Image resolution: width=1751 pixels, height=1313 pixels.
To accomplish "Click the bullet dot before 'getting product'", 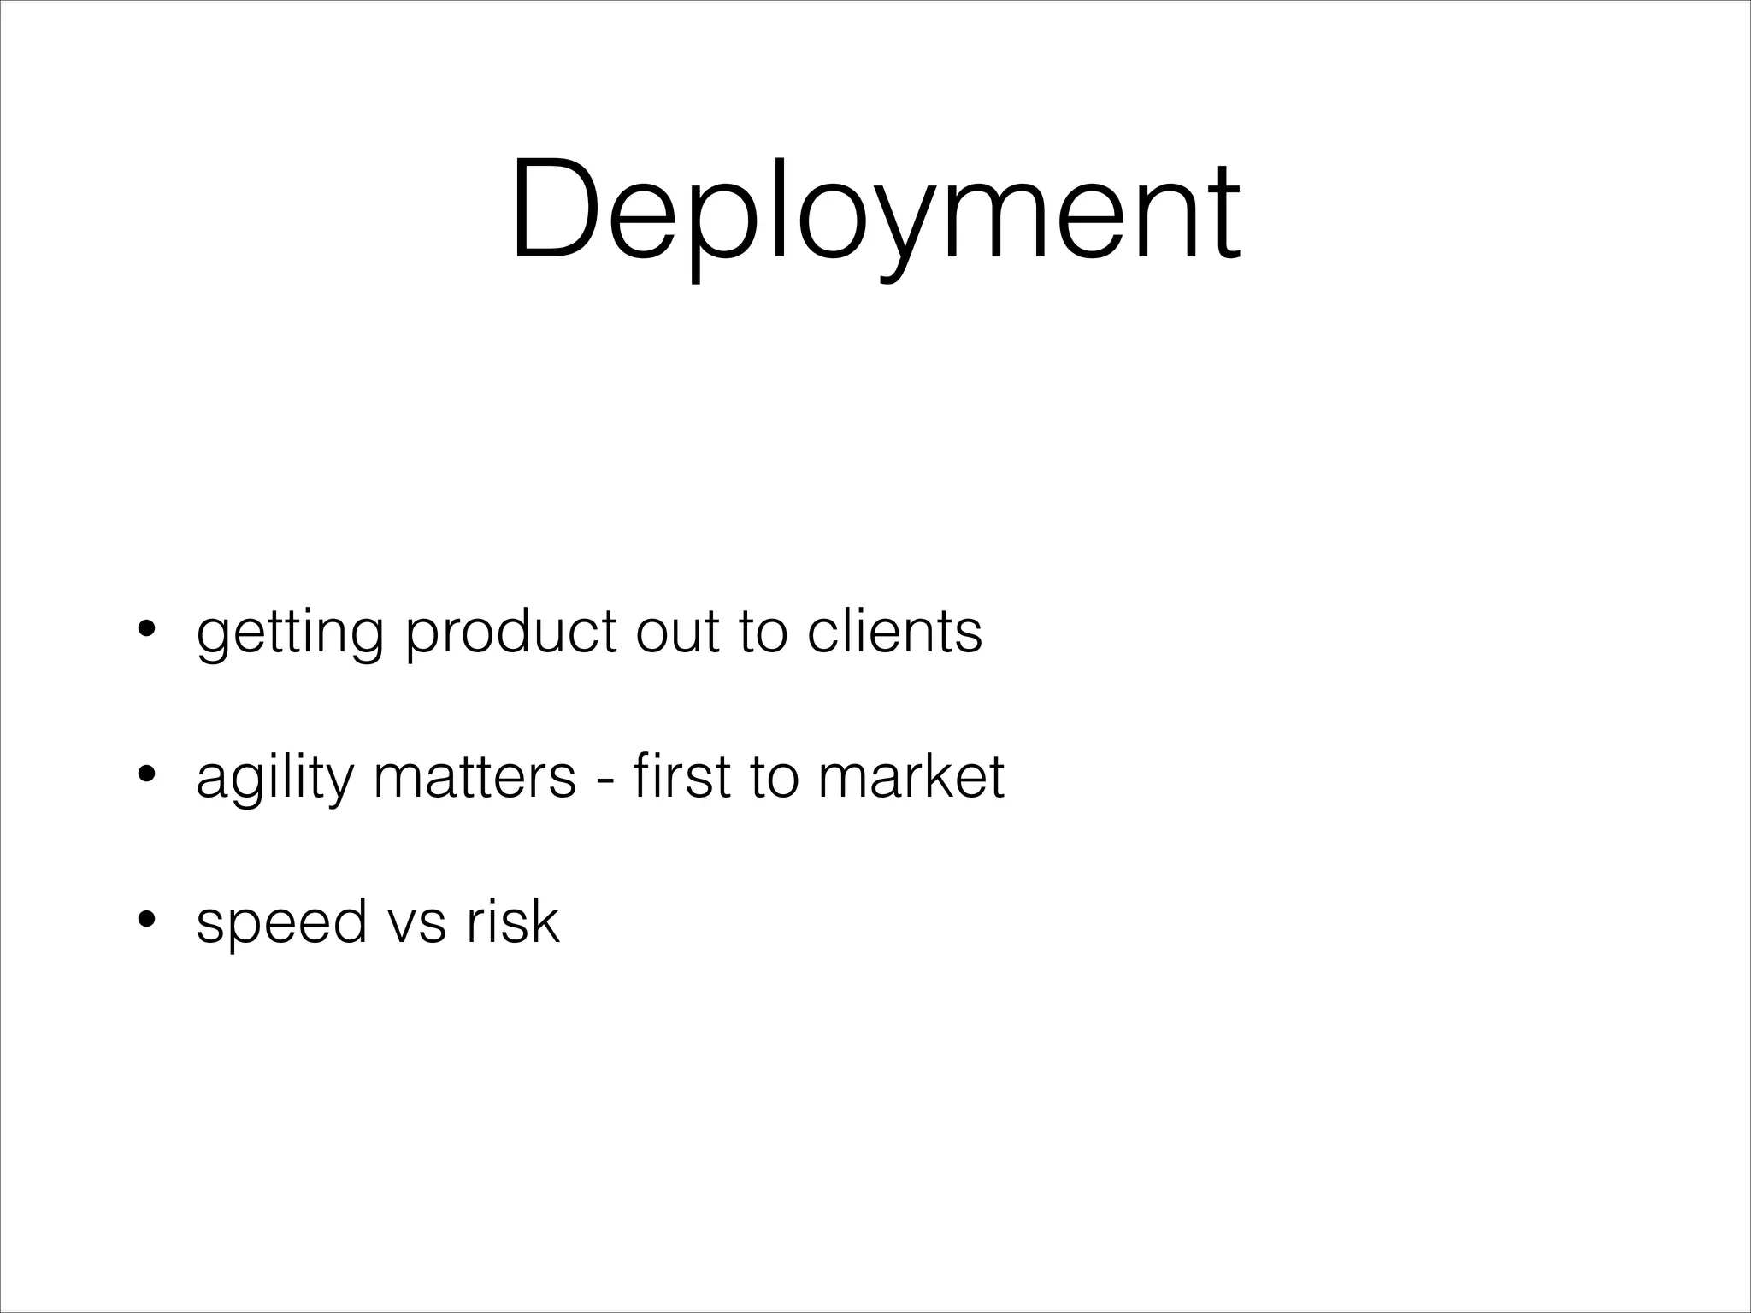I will click(x=147, y=631).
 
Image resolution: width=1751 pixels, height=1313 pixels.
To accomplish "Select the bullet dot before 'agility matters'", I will click(x=147, y=776).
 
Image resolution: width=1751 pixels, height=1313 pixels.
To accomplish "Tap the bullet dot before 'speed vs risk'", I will click(x=147, y=921).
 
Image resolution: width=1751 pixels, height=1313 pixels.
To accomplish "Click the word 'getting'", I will click(x=290, y=634).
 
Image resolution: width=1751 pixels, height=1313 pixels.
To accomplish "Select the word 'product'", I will click(x=511, y=634).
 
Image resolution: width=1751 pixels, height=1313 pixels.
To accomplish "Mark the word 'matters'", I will click(x=475, y=778).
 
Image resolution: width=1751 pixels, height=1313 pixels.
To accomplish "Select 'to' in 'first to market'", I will click(x=775, y=778).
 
